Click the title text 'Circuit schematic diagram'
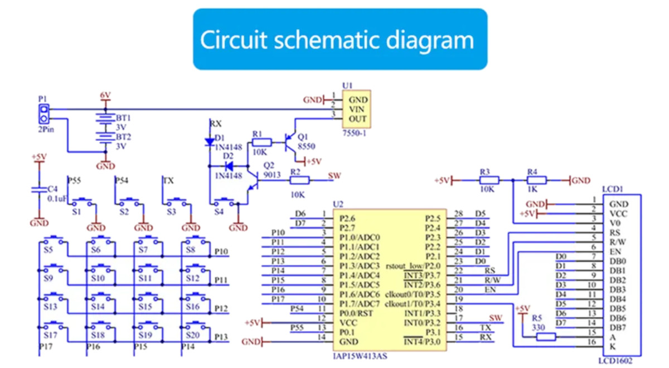[337, 40]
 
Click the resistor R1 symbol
[262, 142]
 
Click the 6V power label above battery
[105, 95]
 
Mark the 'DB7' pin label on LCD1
[617, 327]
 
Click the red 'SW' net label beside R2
[334, 175]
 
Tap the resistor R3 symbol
[489, 180]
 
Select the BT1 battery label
[123, 118]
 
